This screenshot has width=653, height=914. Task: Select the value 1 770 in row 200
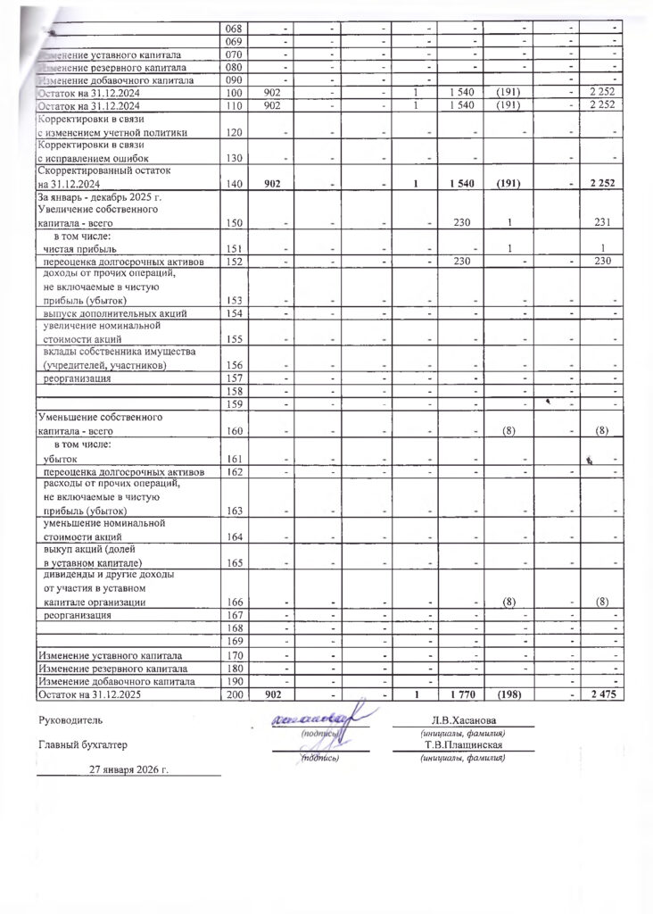click(463, 694)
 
